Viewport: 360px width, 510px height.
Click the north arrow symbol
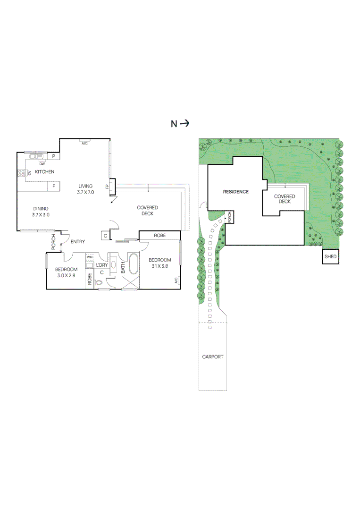(184, 124)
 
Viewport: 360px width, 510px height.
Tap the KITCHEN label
(44, 172)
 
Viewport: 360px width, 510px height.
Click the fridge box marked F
(54, 186)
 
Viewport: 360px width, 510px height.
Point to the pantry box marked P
(54, 156)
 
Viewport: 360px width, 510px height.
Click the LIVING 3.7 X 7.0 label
(85, 189)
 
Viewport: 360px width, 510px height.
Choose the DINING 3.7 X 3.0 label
(41, 212)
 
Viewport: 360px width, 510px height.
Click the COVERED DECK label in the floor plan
(147, 211)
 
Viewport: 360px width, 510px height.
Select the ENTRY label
(78, 242)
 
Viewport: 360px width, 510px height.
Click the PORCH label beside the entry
(54, 242)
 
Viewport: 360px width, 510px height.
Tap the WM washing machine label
(90, 258)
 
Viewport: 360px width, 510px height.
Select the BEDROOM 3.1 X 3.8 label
(159, 263)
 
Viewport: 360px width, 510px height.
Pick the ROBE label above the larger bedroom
(159, 235)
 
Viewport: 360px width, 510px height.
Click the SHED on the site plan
(330, 257)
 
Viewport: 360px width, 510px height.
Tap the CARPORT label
(212, 357)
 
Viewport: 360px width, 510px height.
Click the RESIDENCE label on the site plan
(235, 192)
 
